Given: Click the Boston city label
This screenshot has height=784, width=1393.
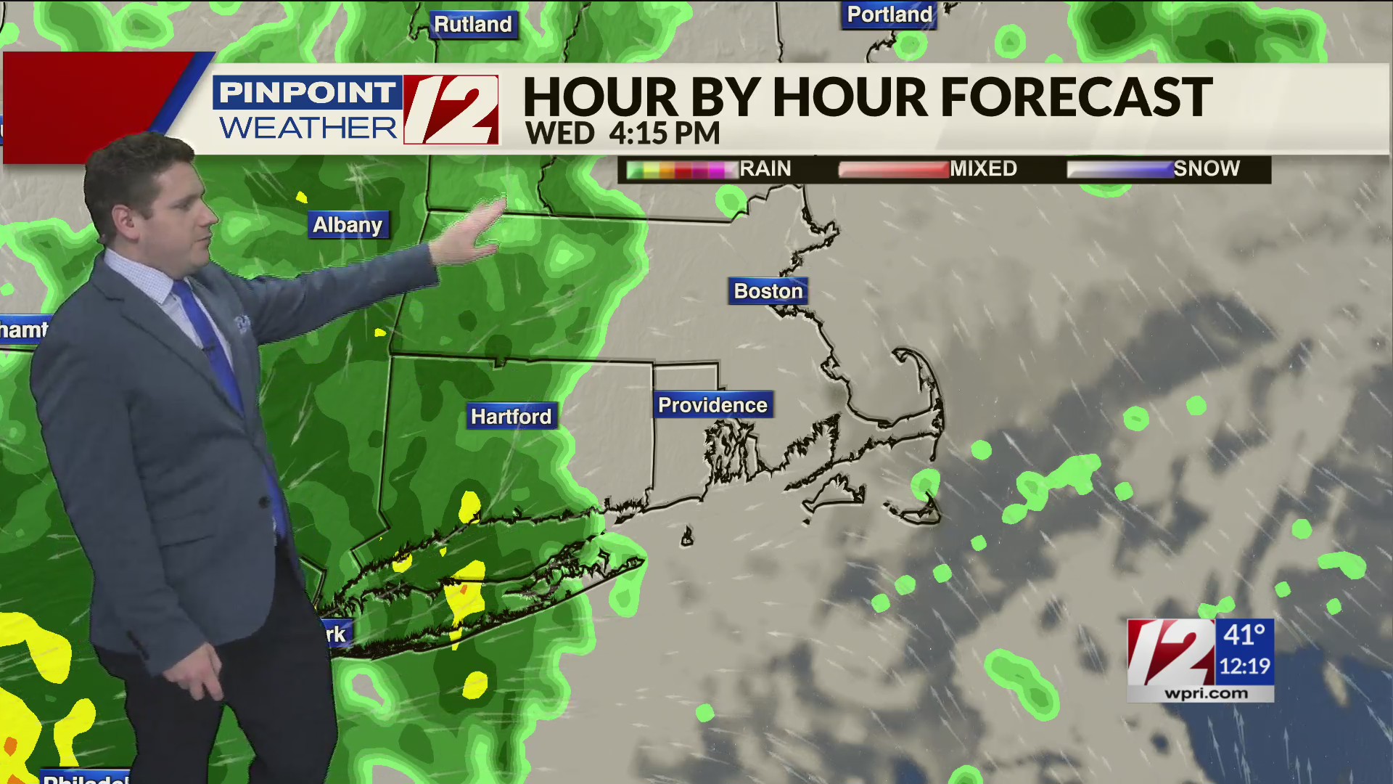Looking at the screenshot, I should point(768,291).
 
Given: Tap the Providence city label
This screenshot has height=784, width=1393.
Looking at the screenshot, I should point(712,405).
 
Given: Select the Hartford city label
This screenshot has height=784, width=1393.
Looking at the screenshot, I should point(511,417).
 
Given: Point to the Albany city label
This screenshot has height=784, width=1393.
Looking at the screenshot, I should point(348,225).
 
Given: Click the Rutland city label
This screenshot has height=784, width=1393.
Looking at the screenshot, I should point(473,25).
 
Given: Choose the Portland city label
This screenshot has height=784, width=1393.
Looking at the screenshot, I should point(889,15).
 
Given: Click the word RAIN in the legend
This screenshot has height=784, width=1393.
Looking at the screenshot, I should point(765,169).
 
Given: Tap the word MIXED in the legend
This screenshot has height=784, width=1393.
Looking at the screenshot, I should point(983,169).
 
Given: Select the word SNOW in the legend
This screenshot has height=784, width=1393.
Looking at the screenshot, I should point(1206,169).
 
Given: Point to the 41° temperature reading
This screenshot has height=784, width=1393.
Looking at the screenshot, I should point(1244,635).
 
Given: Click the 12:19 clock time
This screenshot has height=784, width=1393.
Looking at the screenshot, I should point(1244,666).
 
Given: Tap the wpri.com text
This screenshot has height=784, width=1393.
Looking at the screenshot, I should point(1206,694).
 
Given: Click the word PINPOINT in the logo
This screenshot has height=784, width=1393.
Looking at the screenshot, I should point(307,93).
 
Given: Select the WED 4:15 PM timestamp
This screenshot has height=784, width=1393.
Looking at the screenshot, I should point(622,134).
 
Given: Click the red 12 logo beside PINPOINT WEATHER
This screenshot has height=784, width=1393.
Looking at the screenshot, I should point(451,110).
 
